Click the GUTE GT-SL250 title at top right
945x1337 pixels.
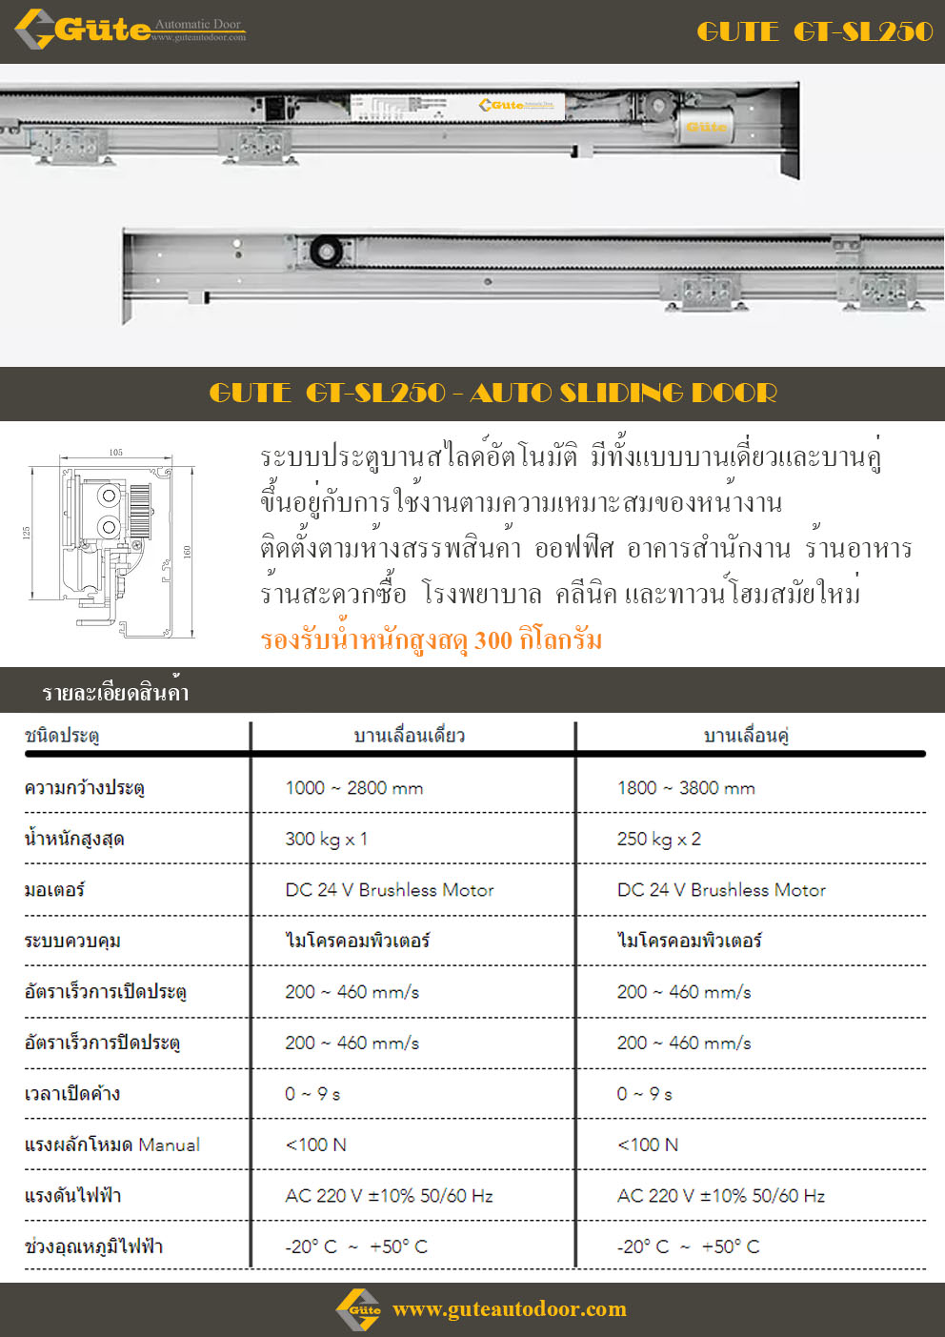814,31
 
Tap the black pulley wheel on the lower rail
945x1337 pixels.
326,252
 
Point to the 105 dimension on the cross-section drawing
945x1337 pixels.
116,453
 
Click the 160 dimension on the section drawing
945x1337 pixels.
188,552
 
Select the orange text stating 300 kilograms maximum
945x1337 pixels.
431,639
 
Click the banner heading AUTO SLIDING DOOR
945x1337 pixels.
493,393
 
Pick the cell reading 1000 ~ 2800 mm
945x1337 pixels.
354,788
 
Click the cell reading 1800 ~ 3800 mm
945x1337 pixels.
686,788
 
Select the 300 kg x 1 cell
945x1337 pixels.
326,839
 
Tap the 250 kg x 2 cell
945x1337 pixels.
658,839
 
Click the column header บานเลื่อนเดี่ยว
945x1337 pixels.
410,736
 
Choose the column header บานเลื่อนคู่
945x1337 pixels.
746,736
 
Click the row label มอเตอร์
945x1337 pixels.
54,890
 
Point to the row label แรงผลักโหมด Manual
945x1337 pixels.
112,1145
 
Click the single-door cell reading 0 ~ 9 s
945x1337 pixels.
312,1094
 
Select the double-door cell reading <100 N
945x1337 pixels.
648,1145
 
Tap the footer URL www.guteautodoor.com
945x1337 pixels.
510,1309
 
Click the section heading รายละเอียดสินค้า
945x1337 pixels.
115,692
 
